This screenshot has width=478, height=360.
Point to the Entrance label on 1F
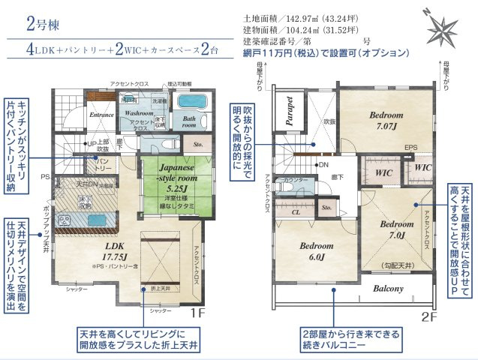coord(101,115)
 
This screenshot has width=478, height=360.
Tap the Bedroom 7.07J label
coord(387,121)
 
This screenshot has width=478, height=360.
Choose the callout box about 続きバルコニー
coord(350,338)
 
